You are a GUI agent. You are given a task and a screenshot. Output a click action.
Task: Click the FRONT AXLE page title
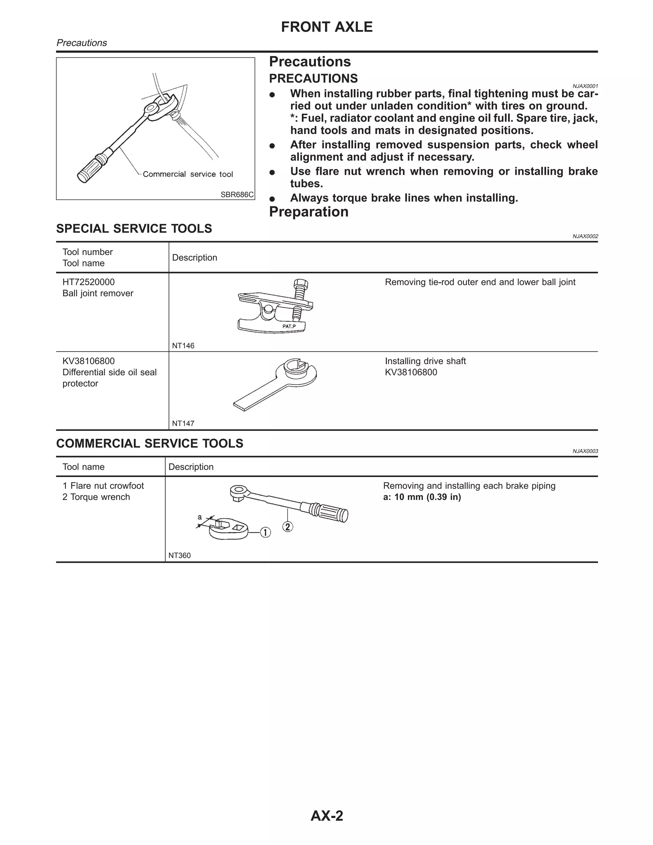pyautogui.click(x=326, y=27)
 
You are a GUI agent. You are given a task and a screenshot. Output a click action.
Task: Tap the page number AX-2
pyautogui.click(x=326, y=816)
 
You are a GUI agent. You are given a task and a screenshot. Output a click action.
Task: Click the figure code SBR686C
pyautogui.click(x=237, y=195)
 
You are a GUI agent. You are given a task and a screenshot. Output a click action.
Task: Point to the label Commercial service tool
pyautogui.click(x=187, y=174)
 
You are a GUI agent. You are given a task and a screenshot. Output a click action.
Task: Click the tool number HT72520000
pyautogui.click(x=89, y=282)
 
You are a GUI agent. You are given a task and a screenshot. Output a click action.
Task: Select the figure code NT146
pyautogui.click(x=183, y=346)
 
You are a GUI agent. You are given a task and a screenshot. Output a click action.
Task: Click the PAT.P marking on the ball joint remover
pyautogui.click(x=289, y=327)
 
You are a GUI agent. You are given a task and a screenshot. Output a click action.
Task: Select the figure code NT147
pyautogui.click(x=183, y=423)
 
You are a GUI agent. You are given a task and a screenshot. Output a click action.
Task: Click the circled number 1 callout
pyautogui.click(x=265, y=533)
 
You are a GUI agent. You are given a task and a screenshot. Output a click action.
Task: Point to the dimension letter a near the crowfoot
pyautogui.click(x=200, y=517)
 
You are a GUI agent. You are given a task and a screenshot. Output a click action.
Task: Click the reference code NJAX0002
pyautogui.click(x=585, y=236)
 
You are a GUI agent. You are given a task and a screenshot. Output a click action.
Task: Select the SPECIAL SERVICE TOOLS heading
pyautogui.click(x=134, y=229)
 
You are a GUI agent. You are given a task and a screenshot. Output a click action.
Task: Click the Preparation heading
pyautogui.click(x=308, y=212)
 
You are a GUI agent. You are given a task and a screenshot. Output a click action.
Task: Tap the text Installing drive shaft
pyautogui.click(x=425, y=361)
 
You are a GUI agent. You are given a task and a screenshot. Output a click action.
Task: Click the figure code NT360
pyautogui.click(x=180, y=555)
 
